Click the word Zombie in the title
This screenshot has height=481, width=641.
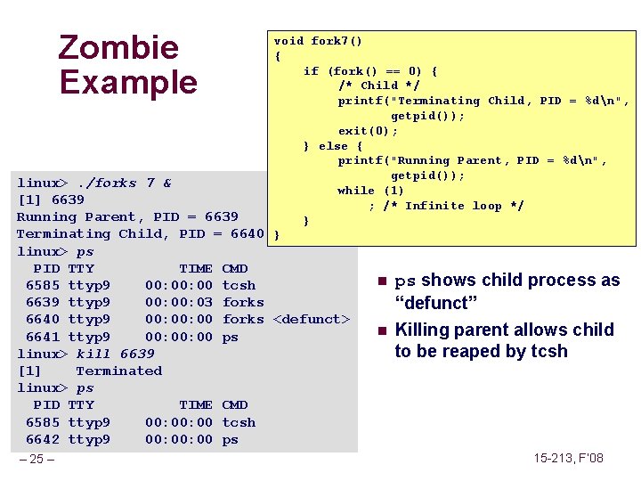[118, 47]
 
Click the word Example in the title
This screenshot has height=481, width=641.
[128, 82]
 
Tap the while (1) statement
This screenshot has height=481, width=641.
[370, 191]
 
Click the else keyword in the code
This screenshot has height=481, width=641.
[333, 146]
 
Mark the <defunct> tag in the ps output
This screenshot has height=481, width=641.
[311, 319]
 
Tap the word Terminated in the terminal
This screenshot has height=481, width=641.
[118, 371]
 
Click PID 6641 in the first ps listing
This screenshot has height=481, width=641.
[43, 337]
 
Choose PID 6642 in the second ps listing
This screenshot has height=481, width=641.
[43, 439]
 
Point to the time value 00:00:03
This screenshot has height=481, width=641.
[178, 302]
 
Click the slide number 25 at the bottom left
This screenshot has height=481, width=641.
[37, 459]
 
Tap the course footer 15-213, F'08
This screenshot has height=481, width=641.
[568, 458]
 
